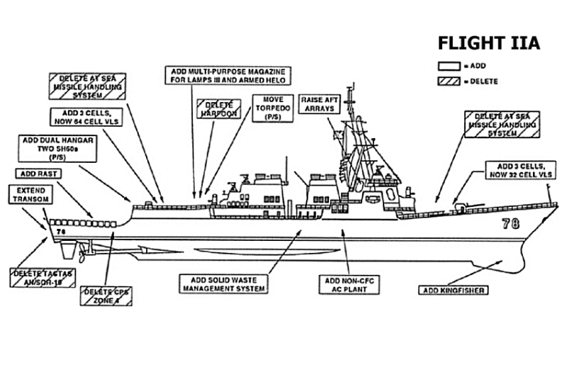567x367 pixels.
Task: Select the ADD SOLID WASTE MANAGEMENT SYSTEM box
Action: (223, 284)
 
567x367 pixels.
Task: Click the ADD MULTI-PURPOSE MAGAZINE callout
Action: (230, 76)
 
